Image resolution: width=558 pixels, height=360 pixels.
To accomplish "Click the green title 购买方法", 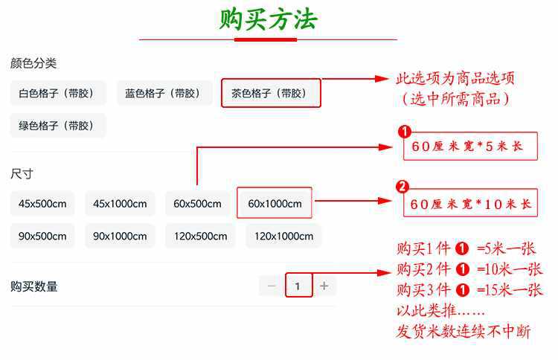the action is click(x=268, y=19).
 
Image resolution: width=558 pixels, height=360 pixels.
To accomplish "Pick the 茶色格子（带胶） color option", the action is click(x=271, y=94).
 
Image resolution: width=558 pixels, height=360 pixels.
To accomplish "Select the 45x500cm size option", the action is click(x=42, y=204).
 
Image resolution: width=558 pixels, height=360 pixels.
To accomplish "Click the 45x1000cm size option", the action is click(x=120, y=204).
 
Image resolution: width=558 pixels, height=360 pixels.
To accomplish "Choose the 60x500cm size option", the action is click(x=197, y=204).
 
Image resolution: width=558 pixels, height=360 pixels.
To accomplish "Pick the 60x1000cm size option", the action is click(x=275, y=204).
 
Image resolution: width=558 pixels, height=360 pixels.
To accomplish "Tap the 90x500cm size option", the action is click(x=42, y=237).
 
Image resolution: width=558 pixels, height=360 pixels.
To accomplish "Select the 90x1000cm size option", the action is click(x=120, y=237).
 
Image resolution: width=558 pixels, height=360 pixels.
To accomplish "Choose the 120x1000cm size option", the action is click(x=283, y=237).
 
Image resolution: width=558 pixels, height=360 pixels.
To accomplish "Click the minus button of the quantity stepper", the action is click(x=272, y=286).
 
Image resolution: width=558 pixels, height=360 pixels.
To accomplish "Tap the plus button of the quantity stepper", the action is click(x=324, y=286).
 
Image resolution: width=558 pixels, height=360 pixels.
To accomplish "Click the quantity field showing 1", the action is click(x=298, y=286).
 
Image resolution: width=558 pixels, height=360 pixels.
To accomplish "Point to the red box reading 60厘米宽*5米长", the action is click(x=469, y=147).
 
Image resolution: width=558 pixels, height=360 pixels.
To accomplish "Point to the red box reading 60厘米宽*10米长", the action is click(x=469, y=203).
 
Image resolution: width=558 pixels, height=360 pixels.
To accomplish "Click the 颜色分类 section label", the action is click(x=33, y=63).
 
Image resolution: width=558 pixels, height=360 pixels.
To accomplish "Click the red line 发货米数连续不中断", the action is click(x=463, y=332).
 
